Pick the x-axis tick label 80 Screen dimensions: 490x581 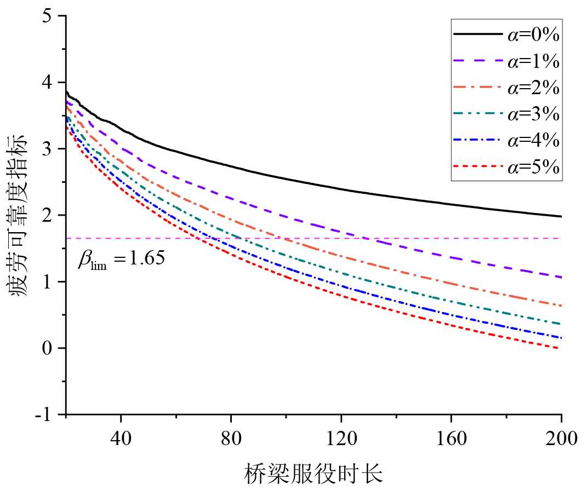(231, 438)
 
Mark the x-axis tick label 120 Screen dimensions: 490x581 (341, 438)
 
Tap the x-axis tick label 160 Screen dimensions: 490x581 (451, 438)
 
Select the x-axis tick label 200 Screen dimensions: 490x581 (561, 438)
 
